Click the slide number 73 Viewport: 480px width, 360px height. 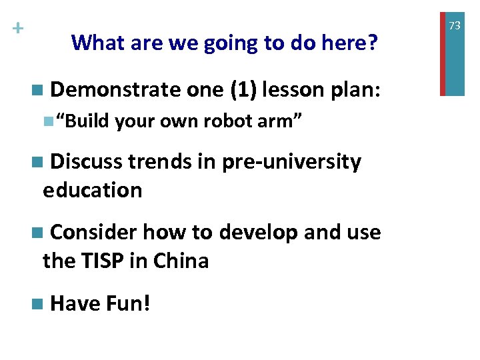pyautogui.click(x=455, y=25)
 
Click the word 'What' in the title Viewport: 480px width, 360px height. pyautogui.click(x=95, y=43)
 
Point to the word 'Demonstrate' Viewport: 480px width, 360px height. pyautogui.click(x=115, y=89)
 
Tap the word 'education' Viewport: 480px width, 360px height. pyautogui.click(x=92, y=190)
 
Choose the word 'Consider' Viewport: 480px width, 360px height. pyautogui.click(x=94, y=232)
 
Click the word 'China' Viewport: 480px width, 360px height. pyautogui.click(x=180, y=261)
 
